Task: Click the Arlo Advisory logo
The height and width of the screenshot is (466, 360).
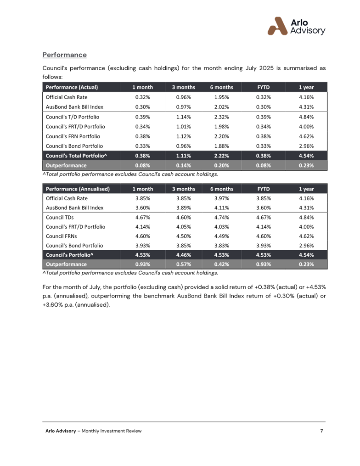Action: (296, 26)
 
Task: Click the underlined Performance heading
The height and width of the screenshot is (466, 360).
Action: (65, 55)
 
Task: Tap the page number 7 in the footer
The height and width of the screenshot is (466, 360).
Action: (321, 431)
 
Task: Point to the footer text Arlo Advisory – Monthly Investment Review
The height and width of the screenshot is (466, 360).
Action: (93, 431)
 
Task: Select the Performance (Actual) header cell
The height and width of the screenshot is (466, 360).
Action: (71, 87)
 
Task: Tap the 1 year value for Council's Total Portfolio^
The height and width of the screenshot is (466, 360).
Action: (306, 156)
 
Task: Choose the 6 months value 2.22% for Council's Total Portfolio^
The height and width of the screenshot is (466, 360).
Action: (222, 156)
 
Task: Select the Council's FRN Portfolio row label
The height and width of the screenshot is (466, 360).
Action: (73, 136)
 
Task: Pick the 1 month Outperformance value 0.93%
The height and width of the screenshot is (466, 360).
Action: (143, 264)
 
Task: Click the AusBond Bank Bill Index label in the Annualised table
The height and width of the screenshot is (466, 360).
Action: (74, 208)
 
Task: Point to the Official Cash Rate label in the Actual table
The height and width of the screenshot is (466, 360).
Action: (66, 97)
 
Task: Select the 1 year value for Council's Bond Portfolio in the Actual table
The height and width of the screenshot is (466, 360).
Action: (306, 146)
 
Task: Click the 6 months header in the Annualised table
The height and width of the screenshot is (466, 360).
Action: (222, 189)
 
